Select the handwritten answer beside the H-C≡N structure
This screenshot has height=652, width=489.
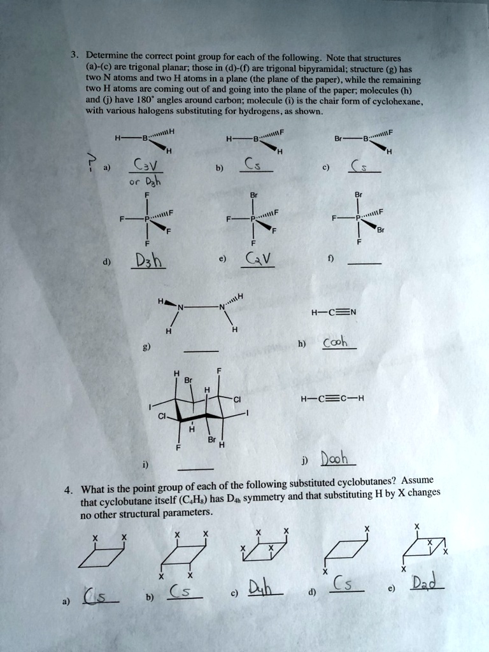point(334,344)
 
